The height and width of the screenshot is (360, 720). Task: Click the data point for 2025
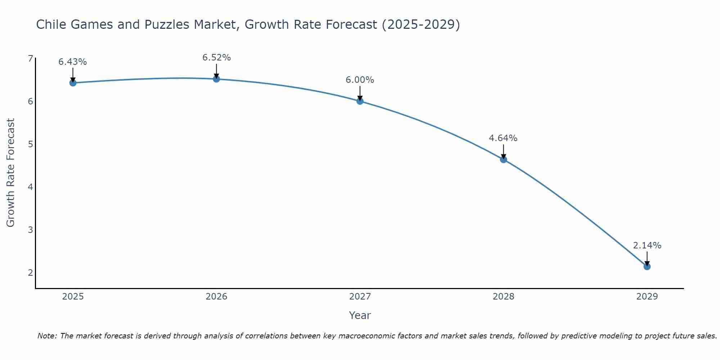(x=73, y=83)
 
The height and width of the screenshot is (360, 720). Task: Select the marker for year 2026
(x=216, y=79)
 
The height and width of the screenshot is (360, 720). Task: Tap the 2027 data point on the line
(x=360, y=101)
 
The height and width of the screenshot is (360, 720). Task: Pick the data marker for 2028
(x=503, y=159)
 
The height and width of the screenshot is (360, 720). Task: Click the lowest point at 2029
(x=647, y=266)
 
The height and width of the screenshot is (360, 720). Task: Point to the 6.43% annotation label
(x=73, y=62)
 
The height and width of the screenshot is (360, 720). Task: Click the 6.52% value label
(x=216, y=58)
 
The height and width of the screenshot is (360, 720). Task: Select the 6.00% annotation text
(x=360, y=80)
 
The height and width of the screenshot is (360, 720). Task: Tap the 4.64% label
(x=503, y=138)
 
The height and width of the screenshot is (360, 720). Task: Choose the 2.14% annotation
(x=647, y=246)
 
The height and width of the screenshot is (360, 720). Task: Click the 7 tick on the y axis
(x=30, y=59)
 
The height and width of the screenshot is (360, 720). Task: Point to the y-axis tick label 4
(x=30, y=187)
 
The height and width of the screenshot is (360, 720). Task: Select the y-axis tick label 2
(x=30, y=273)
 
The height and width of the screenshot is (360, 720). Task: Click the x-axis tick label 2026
(x=216, y=297)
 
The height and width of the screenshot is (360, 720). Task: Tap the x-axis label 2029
(x=647, y=297)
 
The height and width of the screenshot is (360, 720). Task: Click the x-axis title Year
(x=360, y=315)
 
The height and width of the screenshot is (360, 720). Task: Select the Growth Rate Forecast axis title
(x=11, y=173)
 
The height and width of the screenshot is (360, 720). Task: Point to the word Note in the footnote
(x=46, y=336)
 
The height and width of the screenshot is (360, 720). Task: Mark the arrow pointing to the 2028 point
(x=503, y=151)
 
